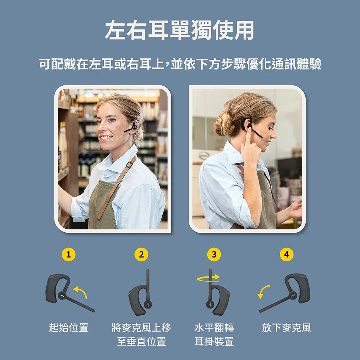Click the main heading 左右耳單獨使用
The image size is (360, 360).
(180, 30)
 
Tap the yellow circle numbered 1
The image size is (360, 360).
(69, 255)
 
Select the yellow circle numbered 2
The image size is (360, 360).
(141, 255)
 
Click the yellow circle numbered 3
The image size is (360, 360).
(214, 255)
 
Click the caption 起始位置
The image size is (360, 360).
(69, 328)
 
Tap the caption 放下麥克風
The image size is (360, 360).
(287, 328)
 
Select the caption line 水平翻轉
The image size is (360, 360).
(214, 328)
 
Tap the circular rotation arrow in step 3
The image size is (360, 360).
(208, 278)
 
